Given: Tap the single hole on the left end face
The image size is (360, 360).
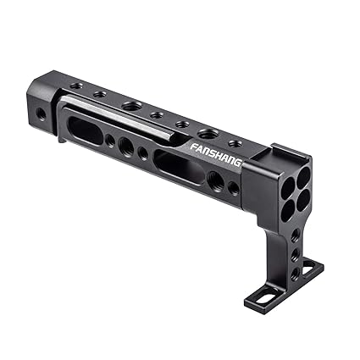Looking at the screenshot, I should coord(41,112).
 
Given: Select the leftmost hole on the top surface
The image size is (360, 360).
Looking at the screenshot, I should coord(76,86).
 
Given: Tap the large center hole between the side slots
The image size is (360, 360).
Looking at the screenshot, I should coord(126,147).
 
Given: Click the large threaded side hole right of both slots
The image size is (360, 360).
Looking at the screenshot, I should coord(215,180).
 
